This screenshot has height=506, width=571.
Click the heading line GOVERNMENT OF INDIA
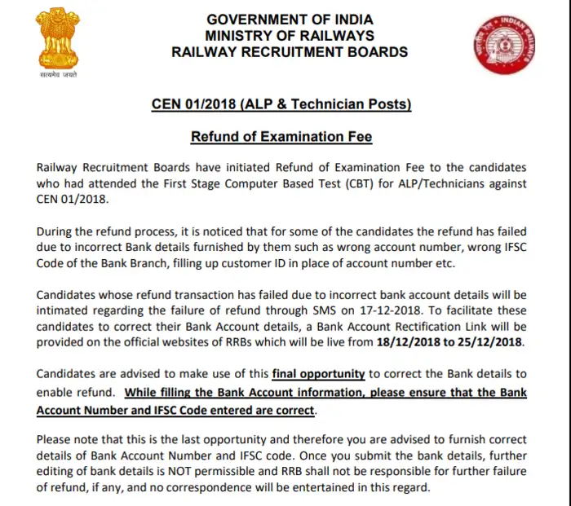pyautogui.click(x=290, y=19)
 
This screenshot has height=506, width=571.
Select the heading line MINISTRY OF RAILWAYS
pyautogui.click(x=290, y=35)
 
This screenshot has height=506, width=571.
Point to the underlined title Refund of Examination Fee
pyautogui.click(x=281, y=135)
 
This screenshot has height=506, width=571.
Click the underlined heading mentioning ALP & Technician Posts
pyautogui.click(x=281, y=104)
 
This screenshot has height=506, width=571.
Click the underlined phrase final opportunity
pyautogui.click(x=318, y=373)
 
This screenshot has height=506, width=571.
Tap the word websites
pyautogui.click(x=216, y=341)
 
